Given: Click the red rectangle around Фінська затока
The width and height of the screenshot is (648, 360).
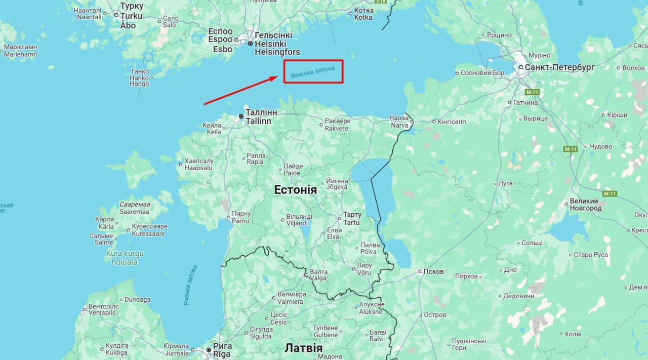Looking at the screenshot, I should [x=313, y=71].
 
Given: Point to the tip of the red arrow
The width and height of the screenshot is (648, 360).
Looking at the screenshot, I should [x=277, y=77].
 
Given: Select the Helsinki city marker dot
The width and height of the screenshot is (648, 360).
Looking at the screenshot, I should [x=250, y=44].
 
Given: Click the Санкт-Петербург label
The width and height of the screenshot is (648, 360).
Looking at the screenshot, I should [x=559, y=67].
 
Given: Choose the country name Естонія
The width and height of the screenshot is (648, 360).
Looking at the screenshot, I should [x=295, y=190].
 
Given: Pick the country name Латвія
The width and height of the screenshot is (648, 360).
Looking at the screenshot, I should [x=303, y=348].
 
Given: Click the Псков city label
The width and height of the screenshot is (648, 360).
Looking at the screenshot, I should [x=434, y=271].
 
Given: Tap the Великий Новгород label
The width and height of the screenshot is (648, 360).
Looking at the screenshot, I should [x=586, y=205].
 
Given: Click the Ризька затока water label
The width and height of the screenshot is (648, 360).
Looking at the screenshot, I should [x=191, y=285].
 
